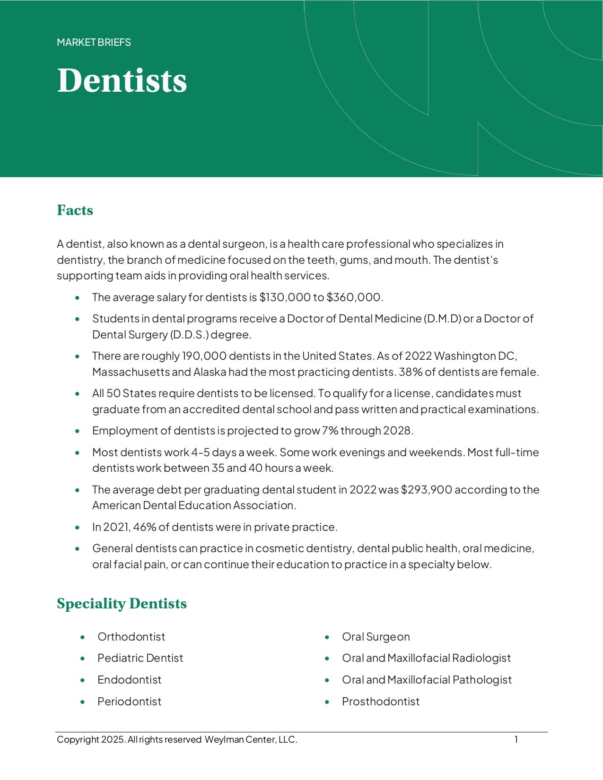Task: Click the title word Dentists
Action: pos(122,81)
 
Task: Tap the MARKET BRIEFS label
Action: pos(94,43)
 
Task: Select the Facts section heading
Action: pos(75,210)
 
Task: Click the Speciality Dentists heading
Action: pos(122,604)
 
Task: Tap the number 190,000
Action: pos(204,356)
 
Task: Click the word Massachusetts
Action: pos(131,372)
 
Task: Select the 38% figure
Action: pos(410,372)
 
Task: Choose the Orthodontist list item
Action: pos(131,637)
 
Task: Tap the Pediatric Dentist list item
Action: pos(140,658)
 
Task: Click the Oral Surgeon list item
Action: pos(376,637)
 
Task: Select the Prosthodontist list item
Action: pos(381,702)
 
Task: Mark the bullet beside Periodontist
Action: pos(83,702)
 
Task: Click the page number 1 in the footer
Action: pos(516,739)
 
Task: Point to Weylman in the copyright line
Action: pos(224,740)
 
